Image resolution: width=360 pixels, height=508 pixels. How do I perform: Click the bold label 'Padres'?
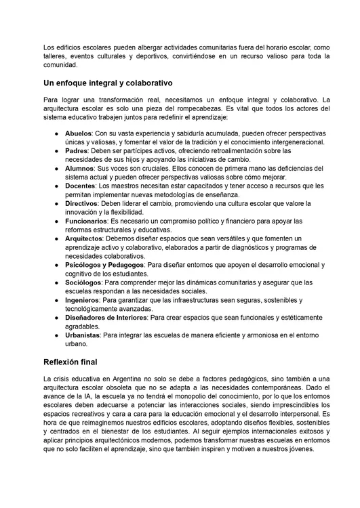point(77,151)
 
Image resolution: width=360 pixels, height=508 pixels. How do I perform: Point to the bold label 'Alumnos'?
point(79,168)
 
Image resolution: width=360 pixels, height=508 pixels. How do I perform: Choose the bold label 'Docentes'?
point(81,186)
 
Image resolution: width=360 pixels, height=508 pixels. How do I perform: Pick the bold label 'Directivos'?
point(82,203)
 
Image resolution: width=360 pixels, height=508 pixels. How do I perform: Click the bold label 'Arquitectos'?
point(84,238)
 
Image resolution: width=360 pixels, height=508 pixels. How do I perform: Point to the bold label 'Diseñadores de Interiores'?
point(106,317)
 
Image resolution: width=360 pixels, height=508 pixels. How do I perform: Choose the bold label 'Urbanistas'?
point(83,335)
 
